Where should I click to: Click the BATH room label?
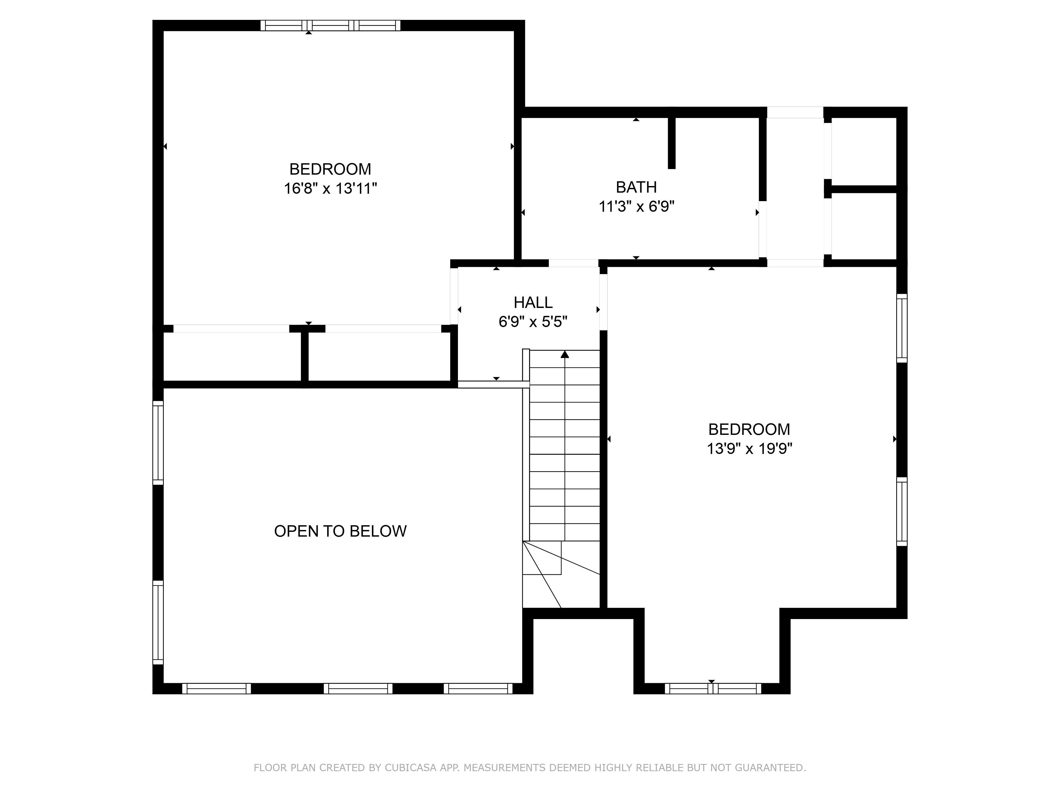pos(636,187)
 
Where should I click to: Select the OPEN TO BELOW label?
pos(340,531)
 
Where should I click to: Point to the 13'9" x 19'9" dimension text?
pos(749,449)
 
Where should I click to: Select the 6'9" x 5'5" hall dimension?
pos(533,321)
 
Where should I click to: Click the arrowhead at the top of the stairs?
pos(565,354)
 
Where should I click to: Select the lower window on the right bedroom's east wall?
pos(902,511)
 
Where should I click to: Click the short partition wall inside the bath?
pos(672,143)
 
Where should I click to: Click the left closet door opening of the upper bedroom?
pos(231,329)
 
